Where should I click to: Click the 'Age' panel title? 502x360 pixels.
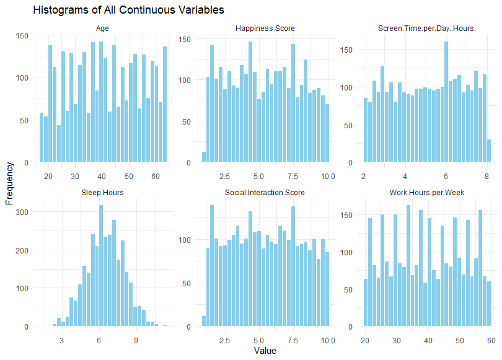[x=103, y=29]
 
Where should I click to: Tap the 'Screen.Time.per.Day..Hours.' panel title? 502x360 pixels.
[x=427, y=29]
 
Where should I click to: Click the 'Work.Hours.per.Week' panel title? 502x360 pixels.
[x=427, y=192]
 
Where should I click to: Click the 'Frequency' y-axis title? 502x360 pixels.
[x=9, y=183]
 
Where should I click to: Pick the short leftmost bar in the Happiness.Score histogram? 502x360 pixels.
[x=204, y=157]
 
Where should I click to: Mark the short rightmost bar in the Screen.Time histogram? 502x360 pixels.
[x=489, y=151]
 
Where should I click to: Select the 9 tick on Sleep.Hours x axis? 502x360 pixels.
[x=136, y=340]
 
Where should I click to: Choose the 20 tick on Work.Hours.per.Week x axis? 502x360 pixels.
[x=365, y=340]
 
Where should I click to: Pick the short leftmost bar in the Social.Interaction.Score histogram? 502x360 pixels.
[x=204, y=322]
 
